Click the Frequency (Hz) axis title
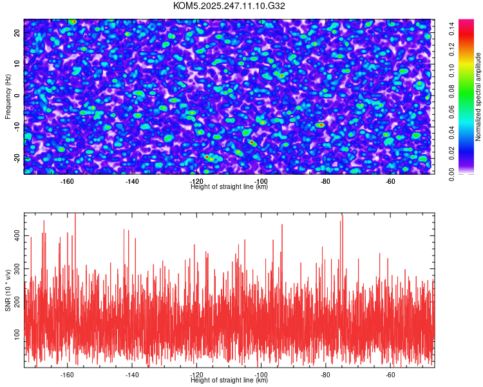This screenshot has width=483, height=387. pos(8,96)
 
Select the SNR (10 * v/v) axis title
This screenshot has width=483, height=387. pos(8,290)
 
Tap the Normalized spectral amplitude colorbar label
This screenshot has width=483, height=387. pos(478,96)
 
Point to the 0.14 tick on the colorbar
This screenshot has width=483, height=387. pos(453,26)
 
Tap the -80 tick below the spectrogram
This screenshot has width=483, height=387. pos(325,181)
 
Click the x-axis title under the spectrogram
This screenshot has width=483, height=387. pos(229,187)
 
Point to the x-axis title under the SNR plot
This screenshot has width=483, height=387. pos(229,380)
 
